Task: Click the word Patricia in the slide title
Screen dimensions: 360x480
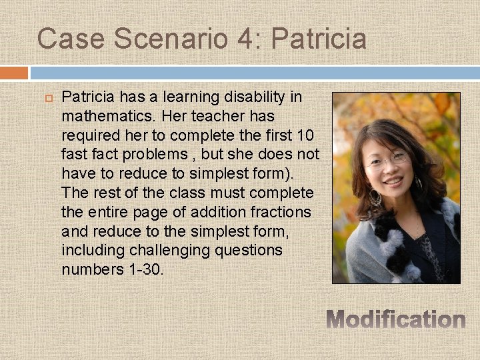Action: click(319, 39)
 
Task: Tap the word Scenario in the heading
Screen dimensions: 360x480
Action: click(171, 39)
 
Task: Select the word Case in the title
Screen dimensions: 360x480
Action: click(71, 39)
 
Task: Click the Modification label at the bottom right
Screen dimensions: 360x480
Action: click(396, 320)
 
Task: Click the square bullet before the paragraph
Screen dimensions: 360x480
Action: click(48, 98)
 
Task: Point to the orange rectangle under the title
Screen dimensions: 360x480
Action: click(14, 73)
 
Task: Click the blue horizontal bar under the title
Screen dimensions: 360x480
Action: click(253, 73)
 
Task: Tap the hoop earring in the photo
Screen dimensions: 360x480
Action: click(375, 197)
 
